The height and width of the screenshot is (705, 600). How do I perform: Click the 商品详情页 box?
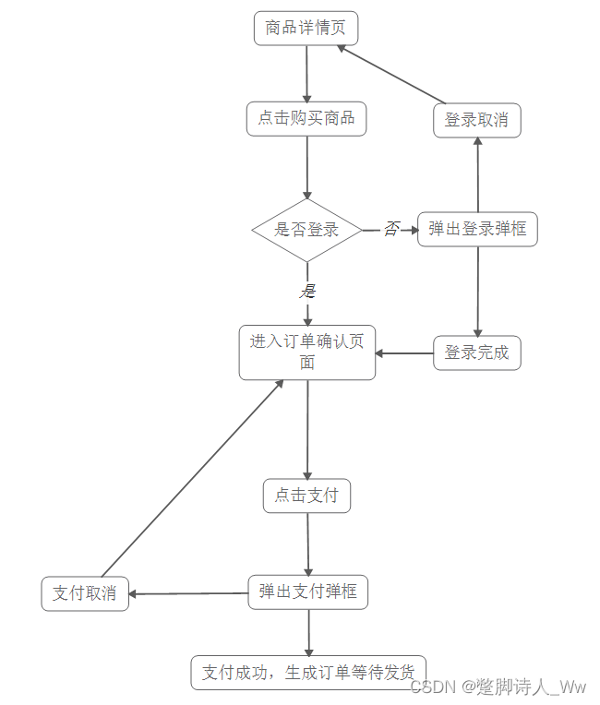306,29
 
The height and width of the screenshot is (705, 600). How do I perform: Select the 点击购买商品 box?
306,118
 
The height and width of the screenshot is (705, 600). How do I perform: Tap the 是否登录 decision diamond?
306,230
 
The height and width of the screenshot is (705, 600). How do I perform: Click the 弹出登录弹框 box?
477,229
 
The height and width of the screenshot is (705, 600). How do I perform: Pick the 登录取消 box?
477,121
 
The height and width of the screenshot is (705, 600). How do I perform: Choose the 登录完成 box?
477,352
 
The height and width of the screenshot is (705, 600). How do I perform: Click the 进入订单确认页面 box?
306,352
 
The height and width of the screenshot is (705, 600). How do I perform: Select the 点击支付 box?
306,496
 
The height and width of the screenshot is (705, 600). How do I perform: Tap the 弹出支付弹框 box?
307,591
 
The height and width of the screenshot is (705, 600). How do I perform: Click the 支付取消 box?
85,593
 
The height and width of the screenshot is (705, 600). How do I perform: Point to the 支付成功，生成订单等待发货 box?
308,672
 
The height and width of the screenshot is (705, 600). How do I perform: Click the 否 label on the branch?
391,229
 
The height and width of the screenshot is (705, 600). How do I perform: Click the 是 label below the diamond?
307,291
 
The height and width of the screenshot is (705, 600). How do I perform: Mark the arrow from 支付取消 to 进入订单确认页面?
192,478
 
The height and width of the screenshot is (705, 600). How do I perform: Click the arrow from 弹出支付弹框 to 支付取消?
188,593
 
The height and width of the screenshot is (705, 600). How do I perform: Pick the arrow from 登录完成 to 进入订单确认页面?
404,352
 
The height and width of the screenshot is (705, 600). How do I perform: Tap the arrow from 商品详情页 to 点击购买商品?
306,74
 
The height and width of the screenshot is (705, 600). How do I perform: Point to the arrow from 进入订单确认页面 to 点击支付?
307,429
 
